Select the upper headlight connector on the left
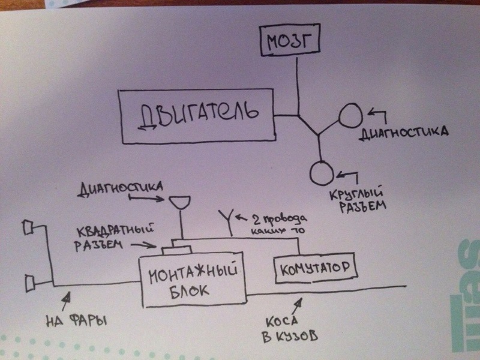(27, 227)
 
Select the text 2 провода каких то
(277, 222)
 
